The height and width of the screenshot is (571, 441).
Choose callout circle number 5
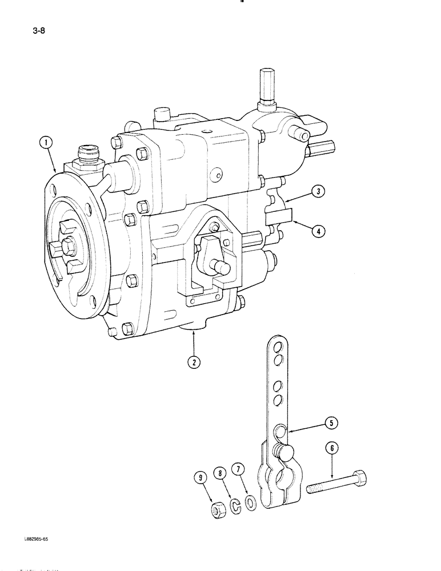[331, 423]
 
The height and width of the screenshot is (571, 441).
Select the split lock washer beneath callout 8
[235, 504]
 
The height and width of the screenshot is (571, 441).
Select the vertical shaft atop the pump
[267, 86]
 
